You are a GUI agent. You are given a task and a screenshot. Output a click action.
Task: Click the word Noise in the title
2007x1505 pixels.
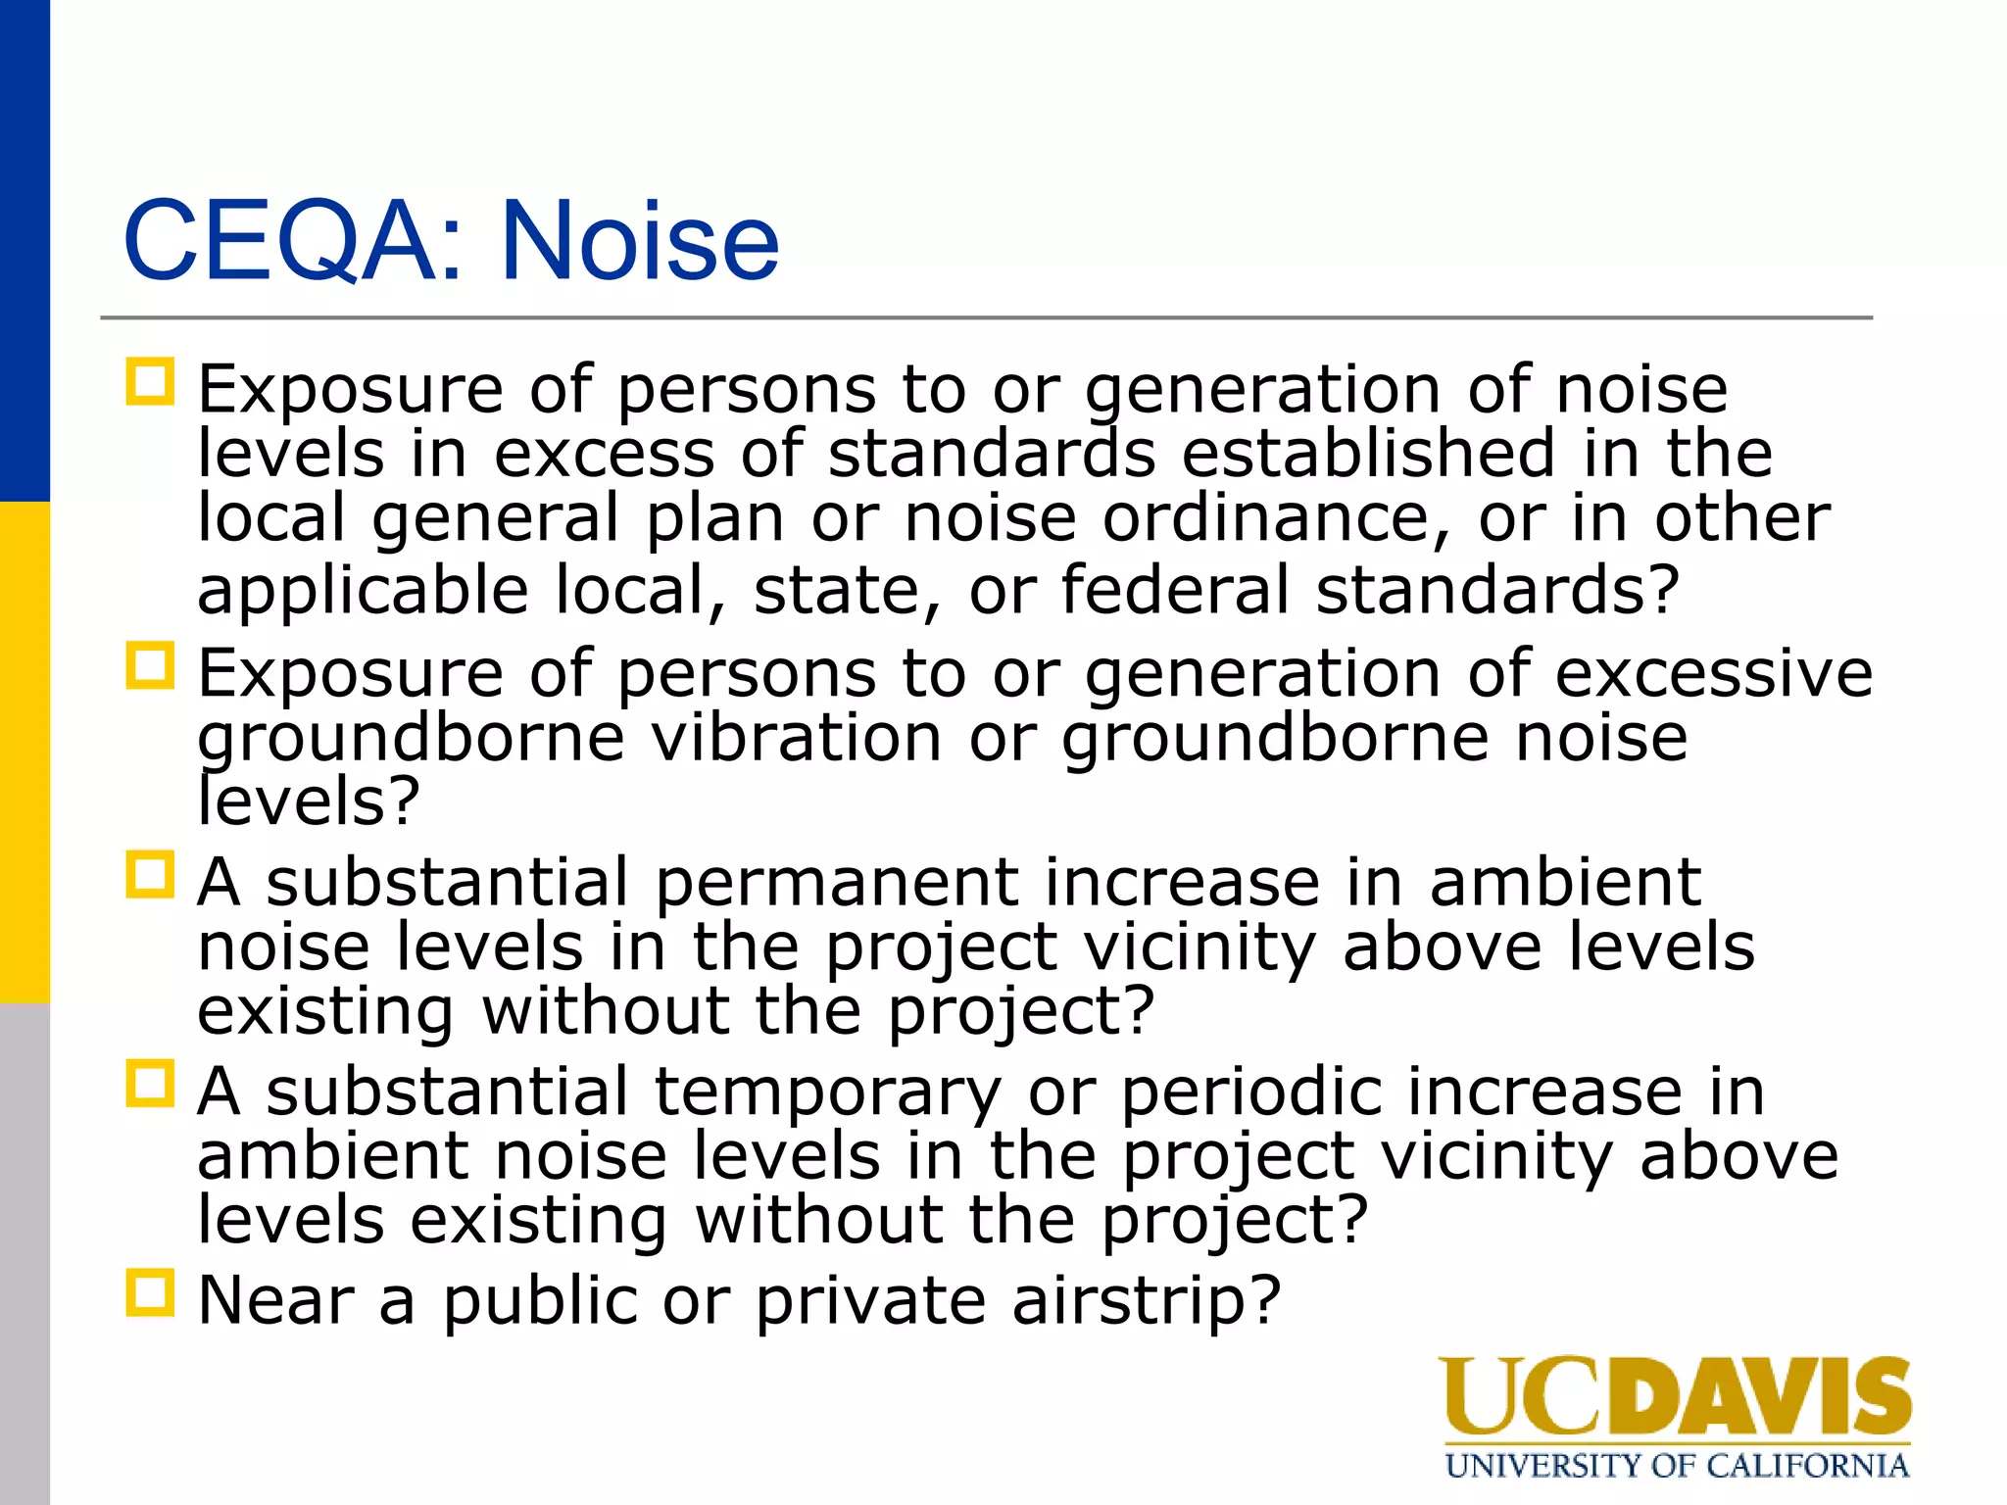pos(639,241)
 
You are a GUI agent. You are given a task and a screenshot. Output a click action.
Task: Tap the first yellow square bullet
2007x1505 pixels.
pos(150,382)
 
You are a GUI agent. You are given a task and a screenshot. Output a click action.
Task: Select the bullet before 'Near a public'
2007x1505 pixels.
pos(150,1293)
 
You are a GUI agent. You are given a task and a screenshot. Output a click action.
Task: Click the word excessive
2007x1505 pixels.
pos(1714,673)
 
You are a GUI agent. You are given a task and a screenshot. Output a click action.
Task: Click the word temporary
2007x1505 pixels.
pos(828,1091)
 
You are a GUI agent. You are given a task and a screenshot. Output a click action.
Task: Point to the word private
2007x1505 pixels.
pos(870,1301)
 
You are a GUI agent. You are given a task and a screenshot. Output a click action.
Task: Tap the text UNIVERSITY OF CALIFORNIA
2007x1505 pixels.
pos(1677,1466)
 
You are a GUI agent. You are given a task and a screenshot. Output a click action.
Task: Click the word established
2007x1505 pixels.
pos(1369,453)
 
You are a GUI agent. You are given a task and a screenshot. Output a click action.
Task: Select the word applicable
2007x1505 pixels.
pos(363,590)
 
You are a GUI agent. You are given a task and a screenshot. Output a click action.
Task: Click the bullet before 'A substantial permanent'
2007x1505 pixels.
pos(150,875)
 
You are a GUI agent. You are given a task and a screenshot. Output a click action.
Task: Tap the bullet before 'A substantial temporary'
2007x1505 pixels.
pos(150,1084)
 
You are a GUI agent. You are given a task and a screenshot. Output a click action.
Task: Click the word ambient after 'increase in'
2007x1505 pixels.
pos(1565,882)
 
